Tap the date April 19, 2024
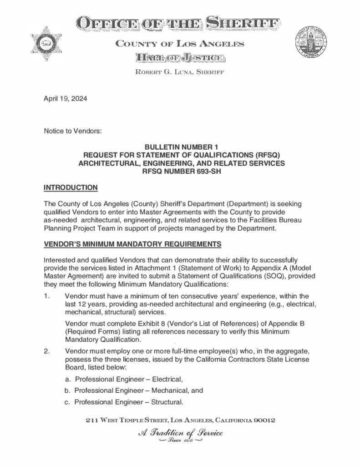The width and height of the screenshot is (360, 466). pos(66,98)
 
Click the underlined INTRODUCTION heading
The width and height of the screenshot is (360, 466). pos(70,187)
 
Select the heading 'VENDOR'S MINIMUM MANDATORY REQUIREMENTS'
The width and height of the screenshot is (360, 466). pos(132,244)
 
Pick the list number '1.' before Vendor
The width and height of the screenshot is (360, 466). pos(47,296)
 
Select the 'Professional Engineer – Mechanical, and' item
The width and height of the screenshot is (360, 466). pos(138,390)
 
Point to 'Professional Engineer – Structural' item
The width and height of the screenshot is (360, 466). pos(129,402)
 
